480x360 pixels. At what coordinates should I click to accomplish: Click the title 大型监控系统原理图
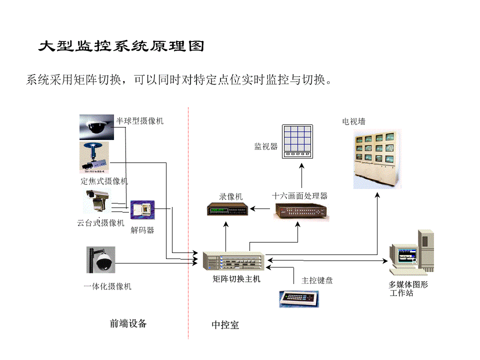121,46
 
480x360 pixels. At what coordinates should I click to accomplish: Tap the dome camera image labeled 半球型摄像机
96,127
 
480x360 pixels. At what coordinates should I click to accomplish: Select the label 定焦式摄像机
104,181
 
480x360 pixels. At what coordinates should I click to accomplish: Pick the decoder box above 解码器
142,210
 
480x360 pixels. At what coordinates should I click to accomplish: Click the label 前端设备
128,323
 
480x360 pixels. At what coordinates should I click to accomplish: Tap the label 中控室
225,325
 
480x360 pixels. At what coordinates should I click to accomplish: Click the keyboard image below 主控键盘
299,298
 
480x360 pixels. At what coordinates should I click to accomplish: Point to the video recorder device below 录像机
228,209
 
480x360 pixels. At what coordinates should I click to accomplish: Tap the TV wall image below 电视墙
377,158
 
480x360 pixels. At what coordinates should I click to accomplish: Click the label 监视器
265,146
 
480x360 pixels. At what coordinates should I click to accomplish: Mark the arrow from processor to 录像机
261,206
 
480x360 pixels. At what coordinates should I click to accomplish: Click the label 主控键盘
317,280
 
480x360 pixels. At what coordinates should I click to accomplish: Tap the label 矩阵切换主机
236,279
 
